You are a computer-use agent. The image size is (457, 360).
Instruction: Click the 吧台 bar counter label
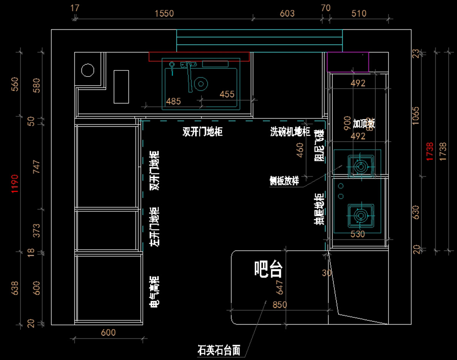(x=268, y=269)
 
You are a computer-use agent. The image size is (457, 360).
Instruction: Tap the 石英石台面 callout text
(x=219, y=350)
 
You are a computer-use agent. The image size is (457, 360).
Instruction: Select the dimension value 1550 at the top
(x=164, y=14)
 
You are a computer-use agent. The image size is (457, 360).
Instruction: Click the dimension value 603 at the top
(x=287, y=14)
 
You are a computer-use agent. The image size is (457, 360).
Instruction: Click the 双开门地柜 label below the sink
(x=202, y=132)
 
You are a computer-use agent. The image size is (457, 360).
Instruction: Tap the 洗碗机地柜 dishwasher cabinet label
(x=290, y=132)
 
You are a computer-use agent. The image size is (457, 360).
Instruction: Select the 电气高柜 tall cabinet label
(x=154, y=292)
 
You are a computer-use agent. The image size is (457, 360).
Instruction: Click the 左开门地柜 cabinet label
(x=154, y=227)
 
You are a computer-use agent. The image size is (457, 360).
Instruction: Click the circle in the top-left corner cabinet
(x=87, y=70)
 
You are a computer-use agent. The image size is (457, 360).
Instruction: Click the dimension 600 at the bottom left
(x=108, y=333)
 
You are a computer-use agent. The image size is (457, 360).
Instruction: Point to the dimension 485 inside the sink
(x=174, y=101)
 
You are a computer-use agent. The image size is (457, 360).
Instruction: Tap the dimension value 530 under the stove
(x=358, y=234)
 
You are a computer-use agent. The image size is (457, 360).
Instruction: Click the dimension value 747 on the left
(x=37, y=166)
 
